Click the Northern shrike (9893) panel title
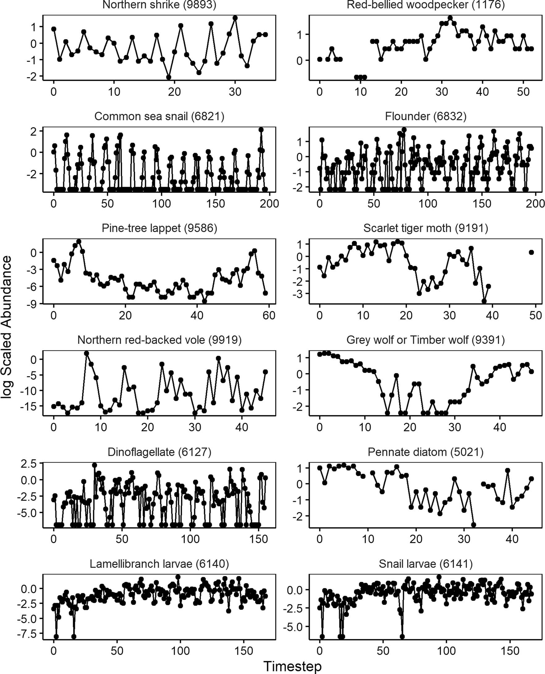coord(159,5)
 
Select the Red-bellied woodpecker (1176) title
coord(425,5)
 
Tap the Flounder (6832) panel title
coord(425,116)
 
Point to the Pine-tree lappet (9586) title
coord(159,228)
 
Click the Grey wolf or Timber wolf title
coord(425,340)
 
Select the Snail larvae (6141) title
coord(425,564)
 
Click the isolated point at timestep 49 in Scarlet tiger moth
coord(531,252)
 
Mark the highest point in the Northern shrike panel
coord(235,18)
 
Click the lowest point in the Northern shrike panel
coord(169,77)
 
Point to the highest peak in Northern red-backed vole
coord(87,353)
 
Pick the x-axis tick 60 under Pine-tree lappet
coord(269,315)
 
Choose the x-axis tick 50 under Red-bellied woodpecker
coord(523,92)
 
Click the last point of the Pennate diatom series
coord(531,479)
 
